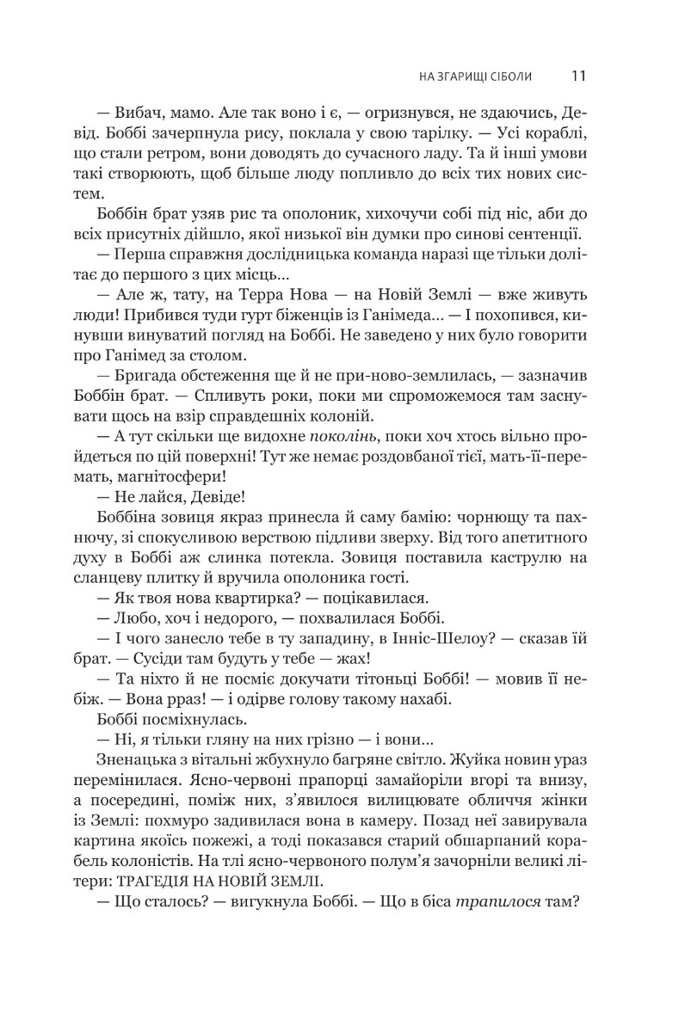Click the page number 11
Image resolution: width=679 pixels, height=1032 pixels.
(x=578, y=76)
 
